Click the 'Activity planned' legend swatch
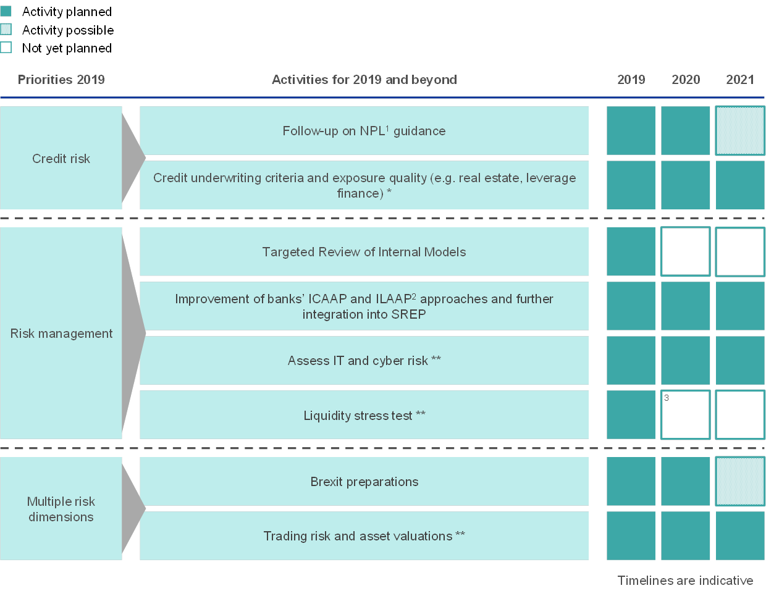6,11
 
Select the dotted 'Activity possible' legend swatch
6,29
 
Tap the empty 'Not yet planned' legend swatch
6,48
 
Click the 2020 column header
685,80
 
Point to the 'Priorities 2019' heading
61,80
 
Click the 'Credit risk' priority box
61,158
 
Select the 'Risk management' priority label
61,334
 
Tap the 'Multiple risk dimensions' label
61,509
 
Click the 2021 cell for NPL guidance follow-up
740,131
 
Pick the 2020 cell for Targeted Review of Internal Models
685,251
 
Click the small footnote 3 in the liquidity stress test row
667,398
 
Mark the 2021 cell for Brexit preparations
740,482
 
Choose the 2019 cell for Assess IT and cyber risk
631,360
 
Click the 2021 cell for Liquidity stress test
740,414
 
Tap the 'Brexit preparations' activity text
364,482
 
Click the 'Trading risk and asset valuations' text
358,536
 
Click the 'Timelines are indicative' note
685,581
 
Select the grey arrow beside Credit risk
133,158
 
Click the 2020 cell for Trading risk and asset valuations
685,535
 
